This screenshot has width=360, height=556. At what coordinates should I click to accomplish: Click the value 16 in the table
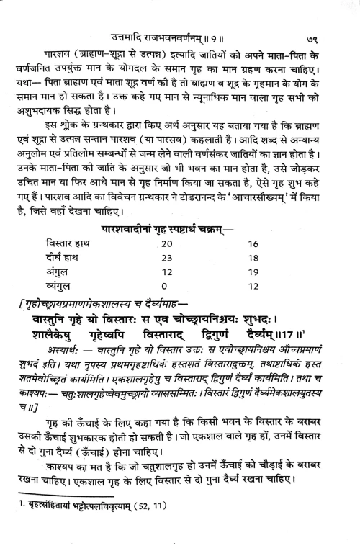click(273, 244)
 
